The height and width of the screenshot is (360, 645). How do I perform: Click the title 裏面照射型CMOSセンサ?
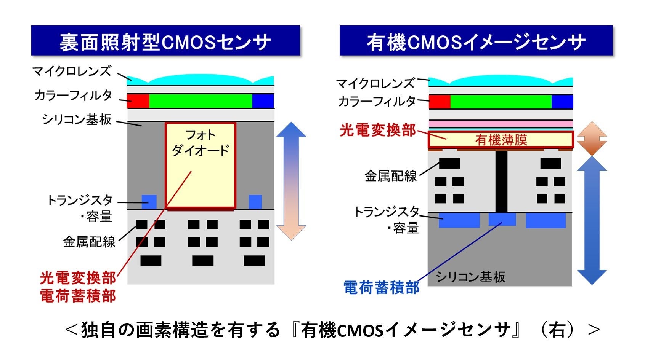pyautogui.click(x=165, y=41)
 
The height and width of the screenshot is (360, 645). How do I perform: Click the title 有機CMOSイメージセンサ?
pyautogui.click(x=476, y=41)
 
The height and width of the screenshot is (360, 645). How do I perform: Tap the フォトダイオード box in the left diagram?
pyautogui.click(x=201, y=166)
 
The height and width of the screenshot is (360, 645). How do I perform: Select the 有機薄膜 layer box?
pyautogui.click(x=501, y=140)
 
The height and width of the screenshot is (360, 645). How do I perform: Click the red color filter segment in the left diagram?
pyautogui.click(x=138, y=101)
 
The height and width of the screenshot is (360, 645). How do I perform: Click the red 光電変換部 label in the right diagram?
pyautogui.click(x=377, y=130)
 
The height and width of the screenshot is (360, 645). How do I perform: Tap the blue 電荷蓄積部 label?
pyautogui.click(x=381, y=287)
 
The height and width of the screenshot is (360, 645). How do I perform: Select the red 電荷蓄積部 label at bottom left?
pyautogui.click(x=78, y=296)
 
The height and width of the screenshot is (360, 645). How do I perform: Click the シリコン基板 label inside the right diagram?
pyautogui.click(x=470, y=277)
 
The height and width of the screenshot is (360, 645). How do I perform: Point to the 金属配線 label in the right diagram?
pyautogui.click(x=391, y=176)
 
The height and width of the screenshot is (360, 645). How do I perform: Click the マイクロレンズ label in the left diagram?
pyautogui.click(x=72, y=71)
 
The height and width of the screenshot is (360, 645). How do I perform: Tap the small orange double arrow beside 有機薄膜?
pyautogui.click(x=592, y=138)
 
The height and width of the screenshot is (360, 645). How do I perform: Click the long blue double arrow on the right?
pyautogui.click(x=592, y=221)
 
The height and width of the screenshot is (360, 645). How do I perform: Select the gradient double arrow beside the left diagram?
pyautogui.click(x=291, y=181)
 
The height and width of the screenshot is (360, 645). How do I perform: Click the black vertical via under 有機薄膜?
pyautogui.click(x=501, y=181)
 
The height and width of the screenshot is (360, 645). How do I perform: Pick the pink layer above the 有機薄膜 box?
pyautogui.click(x=501, y=124)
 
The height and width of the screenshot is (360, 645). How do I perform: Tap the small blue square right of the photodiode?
pyautogui.click(x=255, y=202)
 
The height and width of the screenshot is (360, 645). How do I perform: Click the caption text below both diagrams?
pyautogui.click(x=332, y=330)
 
